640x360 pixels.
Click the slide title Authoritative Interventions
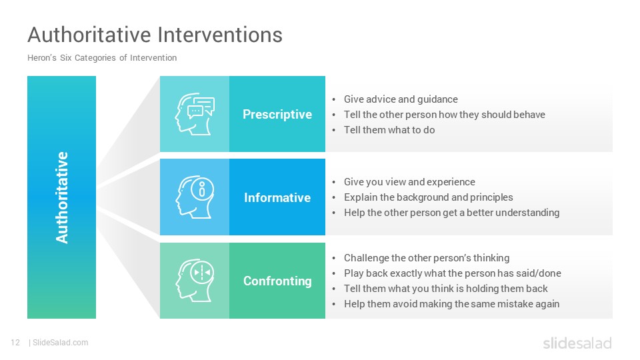[155, 35]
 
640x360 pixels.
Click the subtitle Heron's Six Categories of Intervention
[102, 58]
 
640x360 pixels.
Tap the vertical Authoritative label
[61, 197]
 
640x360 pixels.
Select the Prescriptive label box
[277, 114]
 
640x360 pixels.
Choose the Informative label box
[277, 197]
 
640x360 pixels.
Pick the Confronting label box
[277, 281]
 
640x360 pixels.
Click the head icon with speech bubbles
[195, 114]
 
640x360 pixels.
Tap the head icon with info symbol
[195, 197]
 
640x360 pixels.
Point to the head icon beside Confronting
[195, 281]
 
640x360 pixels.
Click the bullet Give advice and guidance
[401, 99]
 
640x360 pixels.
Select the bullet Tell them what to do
[389, 130]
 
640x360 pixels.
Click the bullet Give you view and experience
[409, 182]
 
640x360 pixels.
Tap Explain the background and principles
[428, 197]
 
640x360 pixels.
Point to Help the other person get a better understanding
[451, 213]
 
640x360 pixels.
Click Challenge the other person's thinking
[427, 258]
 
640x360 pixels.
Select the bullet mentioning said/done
[452, 273]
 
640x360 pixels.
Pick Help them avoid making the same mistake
[451, 304]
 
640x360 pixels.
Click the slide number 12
[15, 343]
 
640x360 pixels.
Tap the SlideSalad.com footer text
[60, 343]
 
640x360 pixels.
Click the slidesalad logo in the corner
[577, 343]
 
